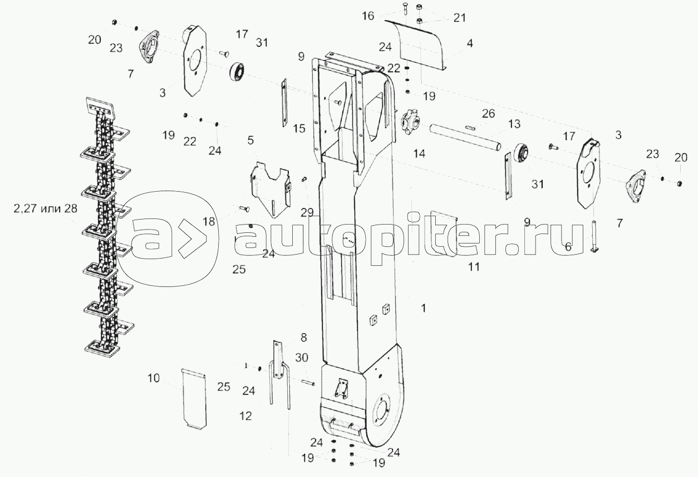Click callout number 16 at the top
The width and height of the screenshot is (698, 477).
(368, 16)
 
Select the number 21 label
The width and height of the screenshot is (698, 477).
(459, 18)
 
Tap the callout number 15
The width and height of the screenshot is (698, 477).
(299, 129)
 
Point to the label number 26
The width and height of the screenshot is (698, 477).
(488, 114)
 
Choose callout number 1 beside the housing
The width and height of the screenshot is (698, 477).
(424, 308)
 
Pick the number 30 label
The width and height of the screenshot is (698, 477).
(301, 358)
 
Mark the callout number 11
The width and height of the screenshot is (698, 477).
(474, 267)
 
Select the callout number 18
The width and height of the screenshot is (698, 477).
(209, 222)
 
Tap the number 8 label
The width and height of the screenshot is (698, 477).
(303, 337)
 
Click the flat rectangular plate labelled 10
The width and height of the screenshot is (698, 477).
(195, 398)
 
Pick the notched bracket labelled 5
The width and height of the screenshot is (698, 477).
(272, 187)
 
